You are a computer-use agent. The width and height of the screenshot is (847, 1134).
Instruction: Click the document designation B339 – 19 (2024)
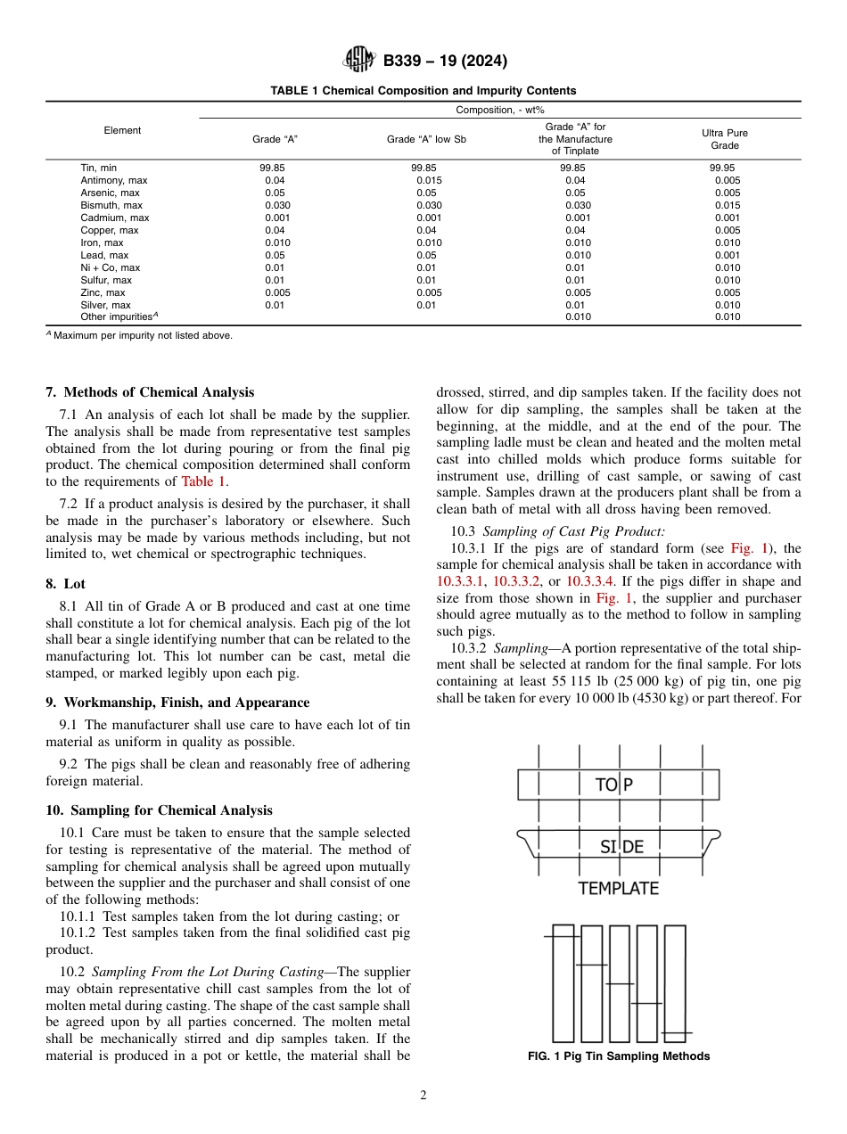pyautogui.click(x=445, y=62)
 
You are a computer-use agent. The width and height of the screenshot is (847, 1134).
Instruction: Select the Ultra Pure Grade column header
pyautogui.click(x=724, y=139)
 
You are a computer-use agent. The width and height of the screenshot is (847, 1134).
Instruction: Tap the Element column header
pyautogui.click(x=122, y=130)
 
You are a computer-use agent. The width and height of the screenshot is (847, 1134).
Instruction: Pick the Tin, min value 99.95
pyautogui.click(x=722, y=168)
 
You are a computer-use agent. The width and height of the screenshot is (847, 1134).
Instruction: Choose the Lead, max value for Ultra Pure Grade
pyautogui.click(x=727, y=255)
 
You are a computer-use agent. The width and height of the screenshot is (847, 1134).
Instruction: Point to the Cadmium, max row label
pyautogui.click(x=115, y=218)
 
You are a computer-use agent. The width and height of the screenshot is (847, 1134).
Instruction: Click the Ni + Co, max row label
pyautogui.click(x=110, y=267)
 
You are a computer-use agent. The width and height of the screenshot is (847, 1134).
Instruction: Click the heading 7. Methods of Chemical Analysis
pyautogui.click(x=150, y=392)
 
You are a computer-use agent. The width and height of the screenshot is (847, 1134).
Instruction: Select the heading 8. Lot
pyautogui.click(x=65, y=583)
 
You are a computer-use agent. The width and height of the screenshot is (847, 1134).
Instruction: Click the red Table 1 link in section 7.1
pyautogui.click(x=203, y=481)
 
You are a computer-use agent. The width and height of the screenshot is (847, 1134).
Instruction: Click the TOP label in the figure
pyautogui.click(x=614, y=785)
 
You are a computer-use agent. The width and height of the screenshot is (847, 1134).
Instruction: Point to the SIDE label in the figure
pyautogui.click(x=621, y=847)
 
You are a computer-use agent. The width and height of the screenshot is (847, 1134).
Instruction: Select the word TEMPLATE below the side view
pyautogui.click(x=618, y=888)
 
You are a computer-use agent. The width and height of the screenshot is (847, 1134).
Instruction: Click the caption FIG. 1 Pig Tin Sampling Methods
pyautogui.click(x=618, y=1056)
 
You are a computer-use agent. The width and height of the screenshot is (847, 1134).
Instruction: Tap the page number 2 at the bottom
pyautogui.click(x=423, y=1096)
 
